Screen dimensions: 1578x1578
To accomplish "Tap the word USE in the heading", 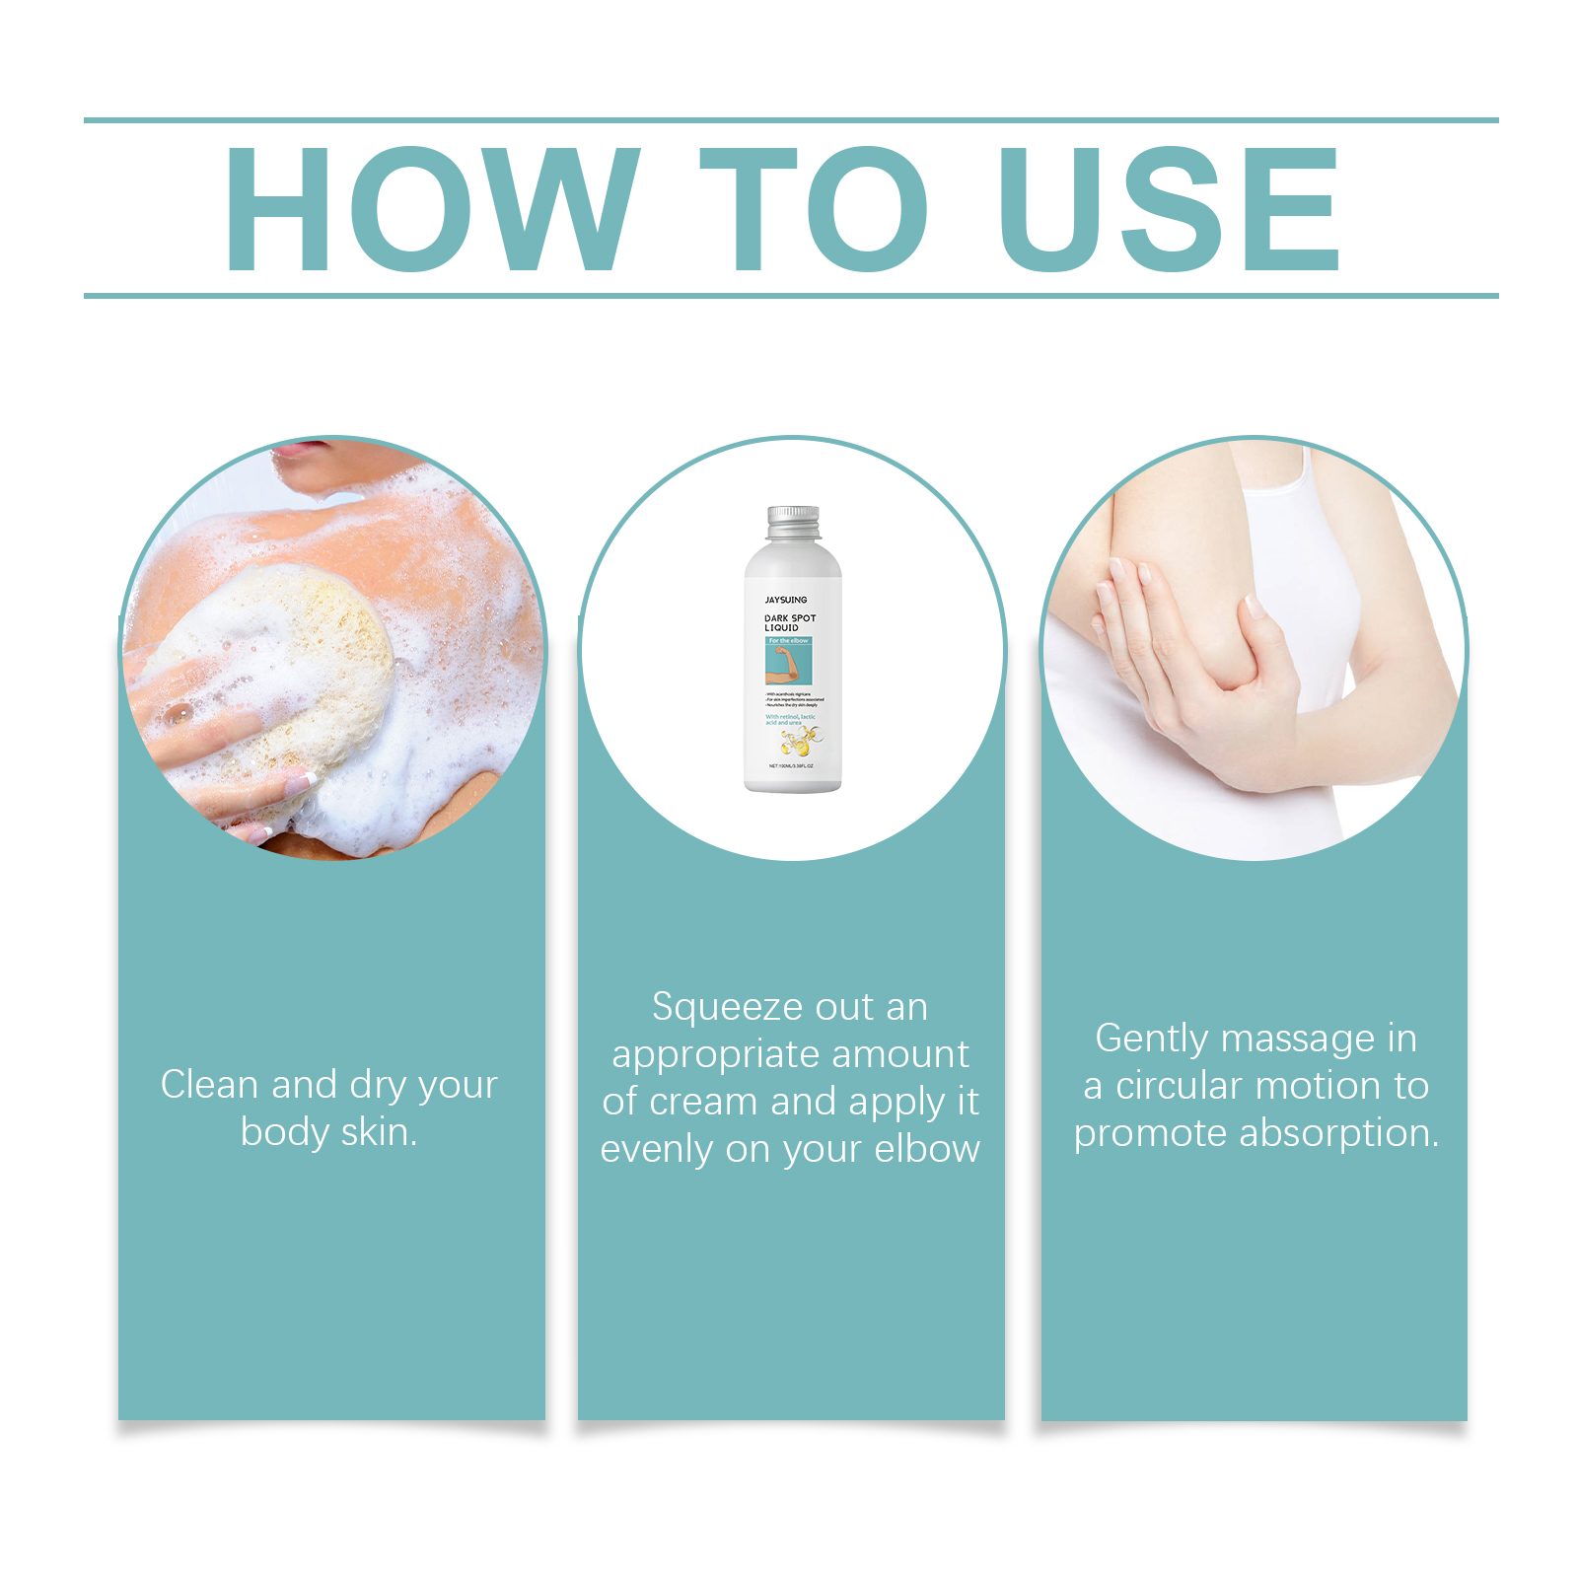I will (x=1169, y=208).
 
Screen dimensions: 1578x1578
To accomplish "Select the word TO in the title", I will (x=815, y=208).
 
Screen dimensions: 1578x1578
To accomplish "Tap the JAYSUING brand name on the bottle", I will (x=786, y=600).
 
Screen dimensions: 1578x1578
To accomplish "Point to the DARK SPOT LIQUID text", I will (x=789, y=622).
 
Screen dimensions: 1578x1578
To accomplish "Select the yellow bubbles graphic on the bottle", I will (x=798, y=741).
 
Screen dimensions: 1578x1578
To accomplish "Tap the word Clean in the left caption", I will (x=209, y=1085).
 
